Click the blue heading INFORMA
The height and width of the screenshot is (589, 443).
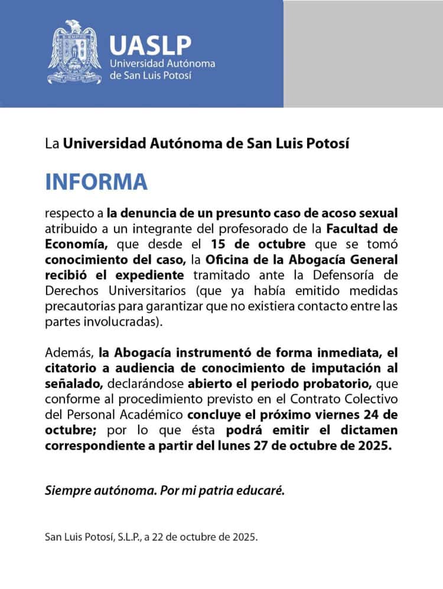(96, 182)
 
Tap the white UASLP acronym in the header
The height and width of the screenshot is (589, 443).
(151, 44)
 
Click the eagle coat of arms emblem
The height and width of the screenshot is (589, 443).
(74, 52)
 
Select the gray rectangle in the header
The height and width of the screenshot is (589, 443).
(363, 53)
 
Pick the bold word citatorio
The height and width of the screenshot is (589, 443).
(70, 368)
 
